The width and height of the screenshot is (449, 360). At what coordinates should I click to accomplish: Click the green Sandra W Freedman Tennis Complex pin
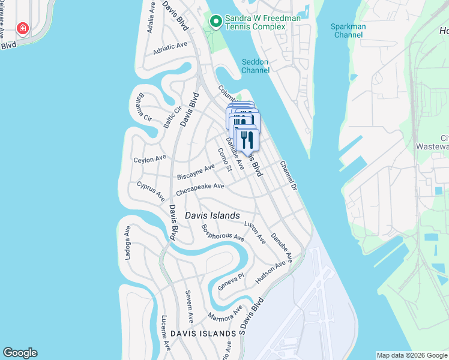[215, 22]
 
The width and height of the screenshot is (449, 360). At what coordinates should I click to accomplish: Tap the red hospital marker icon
[23, 28]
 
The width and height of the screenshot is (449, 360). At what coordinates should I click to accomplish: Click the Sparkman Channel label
[348, 31]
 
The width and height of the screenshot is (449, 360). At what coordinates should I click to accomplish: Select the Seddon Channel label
[255, 66]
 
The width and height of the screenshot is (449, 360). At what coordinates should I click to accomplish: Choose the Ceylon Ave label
[149, 159]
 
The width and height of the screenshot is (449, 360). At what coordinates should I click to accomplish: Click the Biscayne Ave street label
[196, 172]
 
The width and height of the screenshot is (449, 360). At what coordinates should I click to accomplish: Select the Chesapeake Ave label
[200, 190]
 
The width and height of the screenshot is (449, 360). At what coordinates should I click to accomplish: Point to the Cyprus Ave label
[151, 190]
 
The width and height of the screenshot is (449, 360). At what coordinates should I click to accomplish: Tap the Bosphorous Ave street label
[223, 233]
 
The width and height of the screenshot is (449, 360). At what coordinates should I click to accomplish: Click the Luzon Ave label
[255, 232]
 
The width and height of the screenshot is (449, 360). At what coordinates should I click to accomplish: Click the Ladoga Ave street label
[128, 243]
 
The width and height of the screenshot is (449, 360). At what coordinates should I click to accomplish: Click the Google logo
[20, 353]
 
